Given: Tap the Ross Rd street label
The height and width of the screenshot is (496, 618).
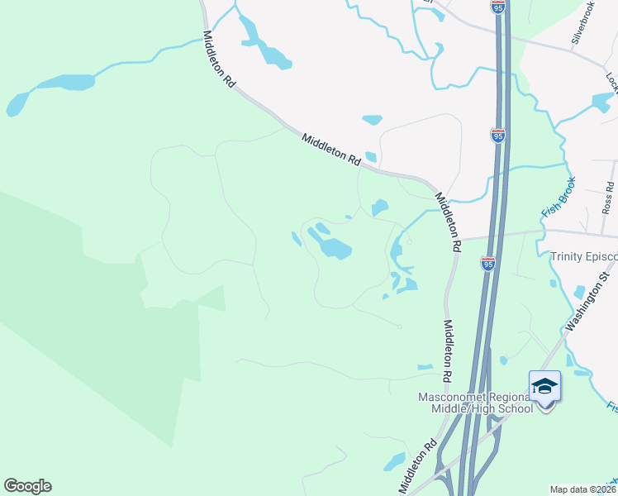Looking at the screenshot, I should tap(609, 198).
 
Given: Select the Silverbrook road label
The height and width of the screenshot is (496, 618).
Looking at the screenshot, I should tap(582, 22).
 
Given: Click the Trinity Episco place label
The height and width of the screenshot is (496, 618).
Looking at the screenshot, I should tap(583, 256).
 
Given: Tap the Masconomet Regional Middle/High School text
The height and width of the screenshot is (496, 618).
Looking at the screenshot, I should tap(474, 403).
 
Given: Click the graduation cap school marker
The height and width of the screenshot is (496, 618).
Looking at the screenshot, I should tap(545, 386).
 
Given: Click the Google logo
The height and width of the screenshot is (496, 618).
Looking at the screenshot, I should tap(27, 486).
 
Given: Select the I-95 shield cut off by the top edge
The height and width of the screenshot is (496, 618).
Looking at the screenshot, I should tap(497, 7).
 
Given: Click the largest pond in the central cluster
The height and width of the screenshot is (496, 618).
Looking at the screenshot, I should tap(330, 245).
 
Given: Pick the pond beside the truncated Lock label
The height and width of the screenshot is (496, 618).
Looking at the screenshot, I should tap(603, 103).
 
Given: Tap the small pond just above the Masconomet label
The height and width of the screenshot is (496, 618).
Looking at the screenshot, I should tap(425, 367).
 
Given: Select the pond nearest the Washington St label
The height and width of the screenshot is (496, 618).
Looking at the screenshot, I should tap(578, 293).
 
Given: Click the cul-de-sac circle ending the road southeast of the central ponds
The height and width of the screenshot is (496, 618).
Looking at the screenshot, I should tap(398, 327).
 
